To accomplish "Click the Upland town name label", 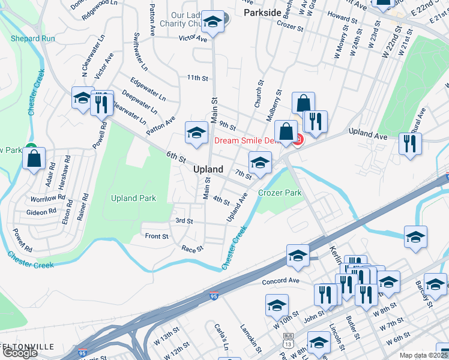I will [208, 170].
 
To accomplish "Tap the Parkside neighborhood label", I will [263, 12].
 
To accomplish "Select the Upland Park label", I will [133, 198].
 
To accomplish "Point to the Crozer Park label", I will [280, 193].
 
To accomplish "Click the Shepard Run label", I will [33, 38].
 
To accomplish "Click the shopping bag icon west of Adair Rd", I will [34, 159].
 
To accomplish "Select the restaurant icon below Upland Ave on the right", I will [411, 145].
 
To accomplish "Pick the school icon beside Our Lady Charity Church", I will [211, 22].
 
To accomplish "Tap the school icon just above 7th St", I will [260, 163].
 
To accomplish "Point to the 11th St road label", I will [197, 78].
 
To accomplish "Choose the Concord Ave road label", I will [280, 281].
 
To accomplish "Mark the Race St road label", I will [193, 248].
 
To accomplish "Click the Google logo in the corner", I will [20, 353].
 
